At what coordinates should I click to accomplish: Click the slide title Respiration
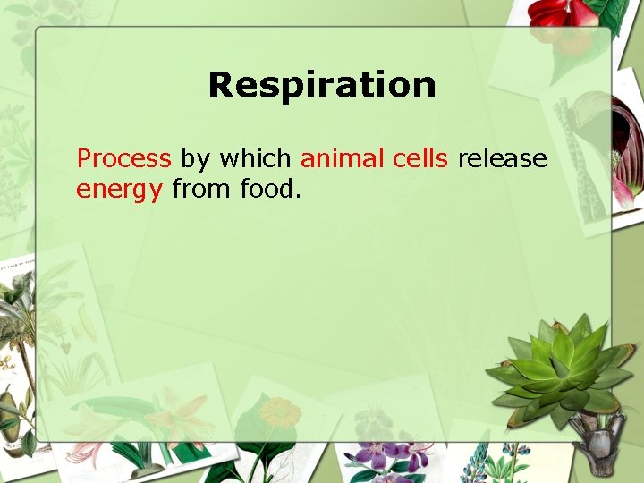click(x=322, y=86)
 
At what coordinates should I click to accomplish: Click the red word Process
click(x=123, y=159)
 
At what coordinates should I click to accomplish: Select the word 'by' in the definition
click(x=195, y=160)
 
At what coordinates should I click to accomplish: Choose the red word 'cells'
click(x=421, y=159)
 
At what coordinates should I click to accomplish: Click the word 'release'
click(x=502, y=159)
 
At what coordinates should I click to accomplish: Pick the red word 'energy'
click(x=119, y=191)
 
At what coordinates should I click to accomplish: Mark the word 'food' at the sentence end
click(x=269, y=190)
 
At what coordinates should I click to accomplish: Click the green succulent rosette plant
click(x=558, y=367)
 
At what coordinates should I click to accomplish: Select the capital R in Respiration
click(x=220, y=86)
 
